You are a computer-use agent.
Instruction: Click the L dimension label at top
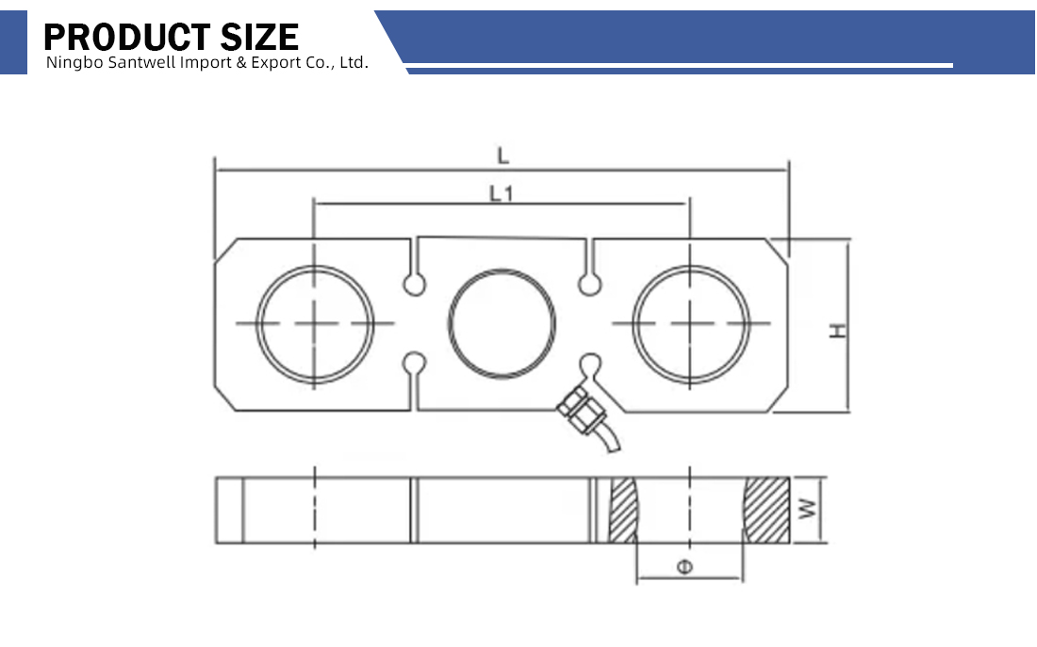pos(502,156)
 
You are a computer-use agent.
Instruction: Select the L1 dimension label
pos(502,194)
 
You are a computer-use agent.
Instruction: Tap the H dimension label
pos(838,332)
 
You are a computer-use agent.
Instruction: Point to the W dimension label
pos(808,509)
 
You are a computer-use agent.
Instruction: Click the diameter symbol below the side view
pos(685,567)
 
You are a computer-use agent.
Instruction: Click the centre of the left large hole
pos(315,324)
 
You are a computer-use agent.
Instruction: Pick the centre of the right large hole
pos(690,324)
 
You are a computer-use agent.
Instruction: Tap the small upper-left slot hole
pos(415,284)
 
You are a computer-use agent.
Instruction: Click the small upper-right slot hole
pos(589,284)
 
